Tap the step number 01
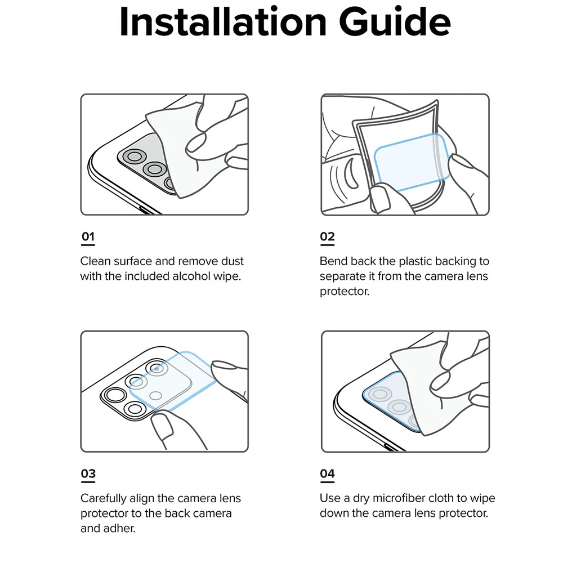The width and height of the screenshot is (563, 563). click(x=88, y=236)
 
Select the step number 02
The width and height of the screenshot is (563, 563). click(x=327, y=236)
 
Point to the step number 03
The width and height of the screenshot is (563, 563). click(x=88, y=473)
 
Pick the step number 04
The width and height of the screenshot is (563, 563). click(x=327, y=473)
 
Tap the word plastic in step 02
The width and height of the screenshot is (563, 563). click(x=415, y=261)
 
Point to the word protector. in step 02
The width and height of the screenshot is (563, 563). click(x=345, y=292)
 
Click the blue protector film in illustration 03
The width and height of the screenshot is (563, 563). click(x=173, y=381)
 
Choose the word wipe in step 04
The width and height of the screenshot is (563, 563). click(x=482, y=499)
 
